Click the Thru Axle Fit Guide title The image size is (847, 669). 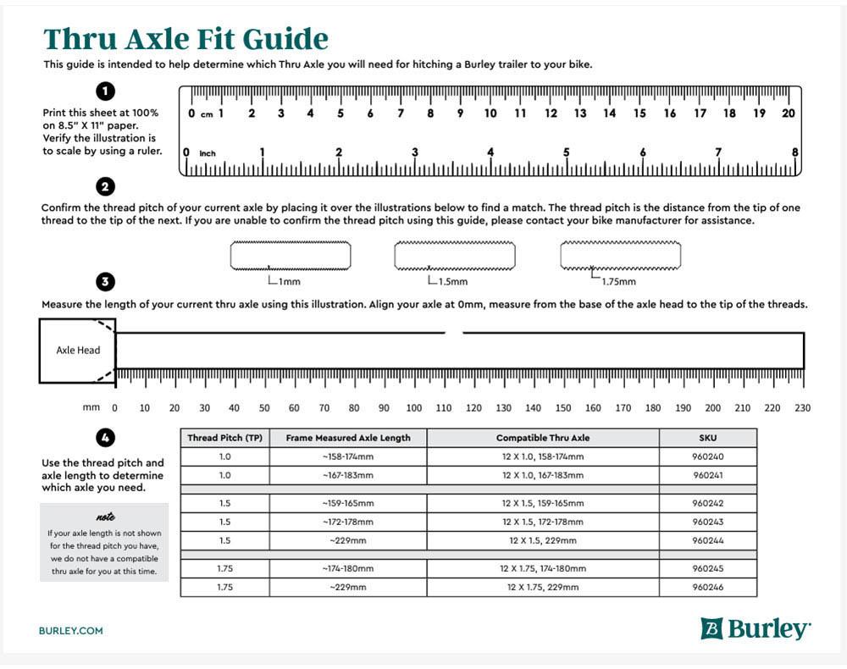click(185, 39)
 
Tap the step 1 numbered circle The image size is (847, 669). click(107, 91)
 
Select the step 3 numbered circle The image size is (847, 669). click(107, 282)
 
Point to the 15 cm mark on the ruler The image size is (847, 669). click(639, 113)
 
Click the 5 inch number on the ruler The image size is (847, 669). click(566, 152)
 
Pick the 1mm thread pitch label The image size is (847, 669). click(289, 281)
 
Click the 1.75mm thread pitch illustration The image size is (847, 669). click(620, 255)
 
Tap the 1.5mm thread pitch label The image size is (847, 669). click(451, 281)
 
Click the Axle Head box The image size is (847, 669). click(77, 350)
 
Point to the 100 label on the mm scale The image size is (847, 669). click(413, 408)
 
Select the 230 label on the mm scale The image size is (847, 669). click(802, 408)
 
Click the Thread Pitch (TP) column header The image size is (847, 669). click(224, 438)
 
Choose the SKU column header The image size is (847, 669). click(707, 438)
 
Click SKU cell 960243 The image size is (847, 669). click(707, 522)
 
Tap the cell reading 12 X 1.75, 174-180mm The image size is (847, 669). click(543, 568)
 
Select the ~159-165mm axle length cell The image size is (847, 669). click(347, 503)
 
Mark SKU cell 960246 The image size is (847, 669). click(707, 587)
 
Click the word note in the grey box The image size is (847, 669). click(105, 517)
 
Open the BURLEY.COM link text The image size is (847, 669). click(71, 631)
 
